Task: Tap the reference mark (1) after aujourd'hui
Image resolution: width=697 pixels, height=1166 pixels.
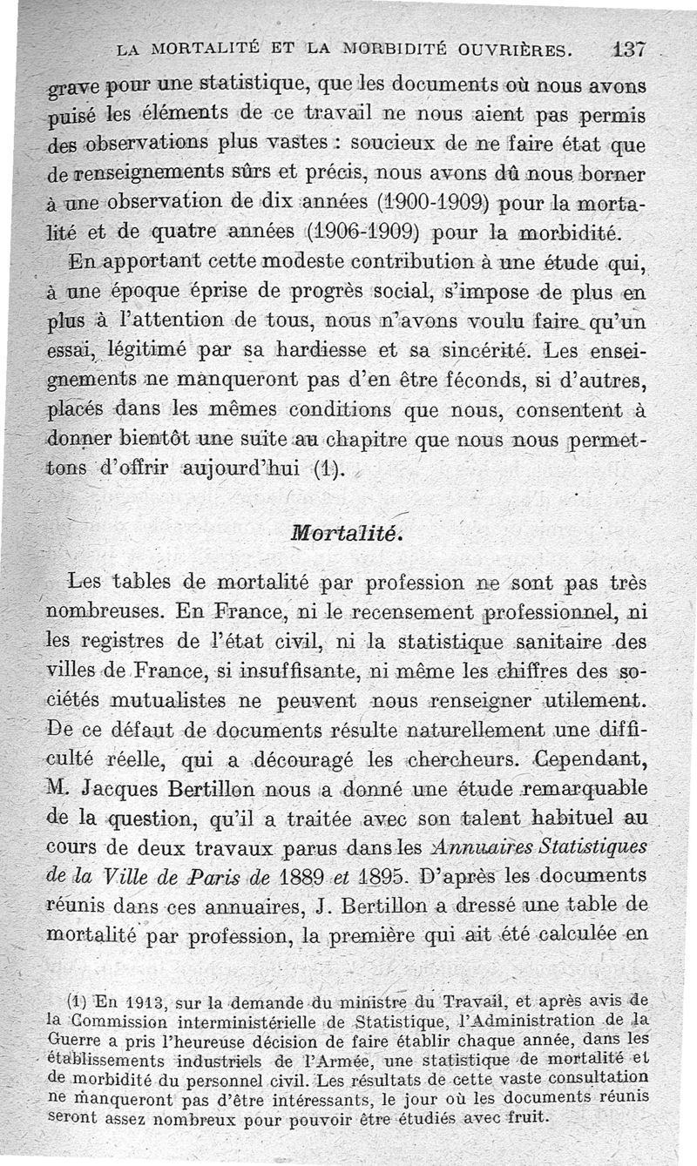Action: coord(328,471)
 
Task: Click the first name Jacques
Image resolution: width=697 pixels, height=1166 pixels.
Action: coord(115,790)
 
